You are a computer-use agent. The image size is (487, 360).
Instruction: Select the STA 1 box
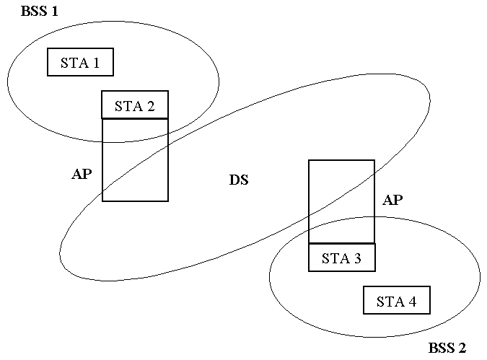coord(80,62)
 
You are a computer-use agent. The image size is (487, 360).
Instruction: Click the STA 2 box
coord(135,105)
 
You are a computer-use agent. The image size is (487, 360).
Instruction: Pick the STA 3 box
coord(341,258)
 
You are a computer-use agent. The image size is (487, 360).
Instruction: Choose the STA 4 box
coord(396,301)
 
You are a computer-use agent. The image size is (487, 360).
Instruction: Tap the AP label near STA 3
coord(392,201)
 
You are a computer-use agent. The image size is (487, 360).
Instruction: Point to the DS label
coord(239,180)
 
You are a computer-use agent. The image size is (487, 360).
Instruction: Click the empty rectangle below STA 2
coord(135,159)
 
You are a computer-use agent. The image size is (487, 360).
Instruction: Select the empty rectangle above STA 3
coord(341,202)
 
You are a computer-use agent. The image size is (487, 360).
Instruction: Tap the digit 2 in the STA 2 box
coord(150,105)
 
